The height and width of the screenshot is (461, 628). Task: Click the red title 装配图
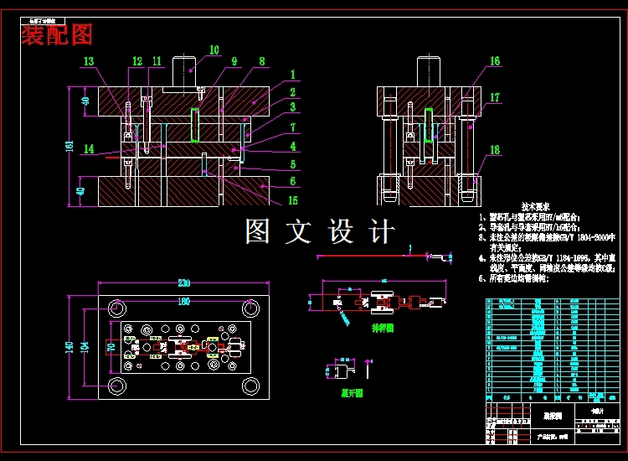[x=57, y=34]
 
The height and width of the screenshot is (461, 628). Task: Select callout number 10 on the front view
[x=214, y=50]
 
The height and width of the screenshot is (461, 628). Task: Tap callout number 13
[x=89, y=60]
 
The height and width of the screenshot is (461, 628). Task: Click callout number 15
[x=292, y=200]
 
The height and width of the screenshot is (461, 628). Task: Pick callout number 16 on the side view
[x=495, y=61]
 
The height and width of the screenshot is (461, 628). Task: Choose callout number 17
[x=495, y=98]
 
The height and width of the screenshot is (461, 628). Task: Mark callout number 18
[x=495, y=150]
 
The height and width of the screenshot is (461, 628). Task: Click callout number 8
[x=262, y=61]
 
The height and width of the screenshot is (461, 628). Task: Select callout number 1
[x=292, y=74]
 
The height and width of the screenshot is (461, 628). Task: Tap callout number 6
[x=292, y=180]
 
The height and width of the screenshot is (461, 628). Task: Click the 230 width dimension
[x=183, y=283]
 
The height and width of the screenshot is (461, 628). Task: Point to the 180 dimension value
[x=183, y=301]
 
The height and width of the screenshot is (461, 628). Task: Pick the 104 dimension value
[x=85, y=346]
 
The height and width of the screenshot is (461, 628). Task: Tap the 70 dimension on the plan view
[x=109, y=345]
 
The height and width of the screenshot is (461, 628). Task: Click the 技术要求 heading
[x=535, y=206]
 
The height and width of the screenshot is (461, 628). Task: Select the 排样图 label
[x=383, y=328]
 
